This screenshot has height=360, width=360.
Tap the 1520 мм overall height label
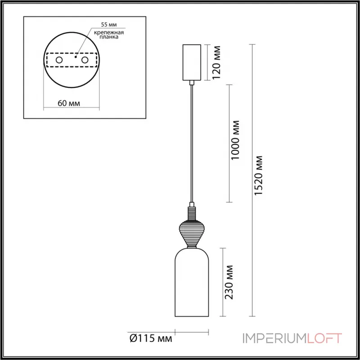[259, 175]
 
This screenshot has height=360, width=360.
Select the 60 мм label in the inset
[69, 103]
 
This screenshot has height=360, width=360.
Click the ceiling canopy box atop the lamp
[192, 62]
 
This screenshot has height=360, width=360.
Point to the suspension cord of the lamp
[192, 144]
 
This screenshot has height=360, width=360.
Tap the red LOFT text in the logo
[324, 338]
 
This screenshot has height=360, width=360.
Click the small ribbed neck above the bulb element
[192, 212]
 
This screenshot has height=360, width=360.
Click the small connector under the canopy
[192, 82]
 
